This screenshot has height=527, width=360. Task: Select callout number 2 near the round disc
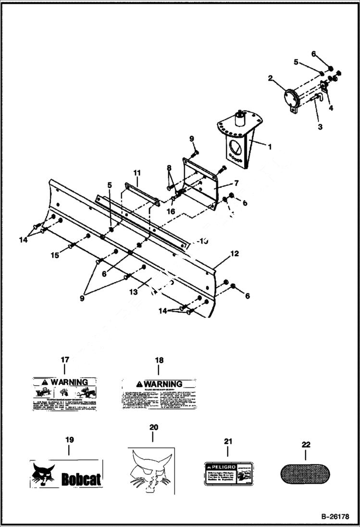[271, 77]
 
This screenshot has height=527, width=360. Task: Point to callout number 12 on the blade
[234, 253]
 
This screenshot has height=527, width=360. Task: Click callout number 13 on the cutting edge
[134, 292]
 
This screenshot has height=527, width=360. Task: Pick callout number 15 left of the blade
[55, 255]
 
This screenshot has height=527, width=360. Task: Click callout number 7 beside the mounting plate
[236, 183]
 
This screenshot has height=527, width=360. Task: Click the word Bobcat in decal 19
[81, 479]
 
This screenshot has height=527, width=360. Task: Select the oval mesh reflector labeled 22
[305, 473]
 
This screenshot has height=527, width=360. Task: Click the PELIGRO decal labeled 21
[228, 472]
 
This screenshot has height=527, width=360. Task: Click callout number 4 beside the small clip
[331, 108]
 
